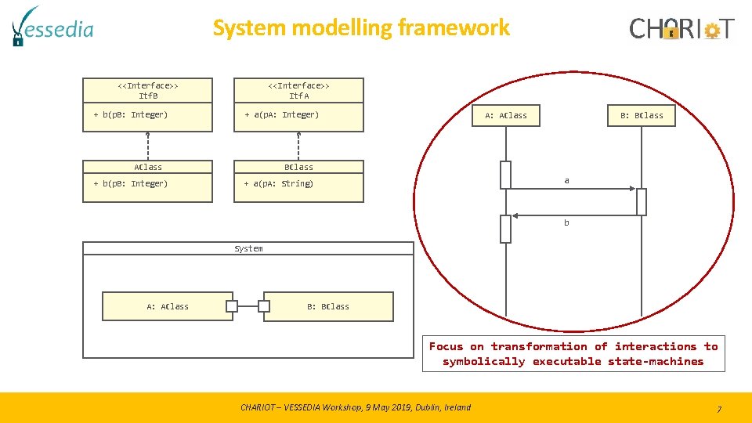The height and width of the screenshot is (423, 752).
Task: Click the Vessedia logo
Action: tap(52, 27)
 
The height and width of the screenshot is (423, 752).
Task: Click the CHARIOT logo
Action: tap(682, 29)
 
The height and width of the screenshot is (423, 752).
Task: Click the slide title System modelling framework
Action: tap(361, 28)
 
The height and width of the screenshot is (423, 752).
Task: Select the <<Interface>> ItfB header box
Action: tap(148, 90)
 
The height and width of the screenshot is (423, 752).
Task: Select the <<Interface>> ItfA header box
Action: tap(298, 90)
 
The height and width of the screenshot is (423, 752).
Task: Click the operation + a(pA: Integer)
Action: tap(282, 115)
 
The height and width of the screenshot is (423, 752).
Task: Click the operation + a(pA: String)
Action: tap(278, 184)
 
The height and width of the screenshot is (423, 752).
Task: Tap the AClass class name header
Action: tap(148, 167)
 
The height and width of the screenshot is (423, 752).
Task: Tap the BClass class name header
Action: tap(298, 167)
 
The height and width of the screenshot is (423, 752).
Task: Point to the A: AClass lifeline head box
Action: tap(506, 116)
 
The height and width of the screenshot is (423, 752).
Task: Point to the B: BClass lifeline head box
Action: tap(642, 116)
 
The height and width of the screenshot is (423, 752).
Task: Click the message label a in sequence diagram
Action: tap(567, 181)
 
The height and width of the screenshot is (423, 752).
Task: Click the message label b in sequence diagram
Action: tap(567, 223)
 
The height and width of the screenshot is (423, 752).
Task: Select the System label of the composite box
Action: tap(248, 248)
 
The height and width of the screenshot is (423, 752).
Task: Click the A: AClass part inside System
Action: tap(168, 306)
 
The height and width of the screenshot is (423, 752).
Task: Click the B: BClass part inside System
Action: tap(328, 306)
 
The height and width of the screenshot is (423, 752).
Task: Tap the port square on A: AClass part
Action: tap(231, 306)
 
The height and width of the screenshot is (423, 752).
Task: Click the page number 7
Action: tap(719, 409)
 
